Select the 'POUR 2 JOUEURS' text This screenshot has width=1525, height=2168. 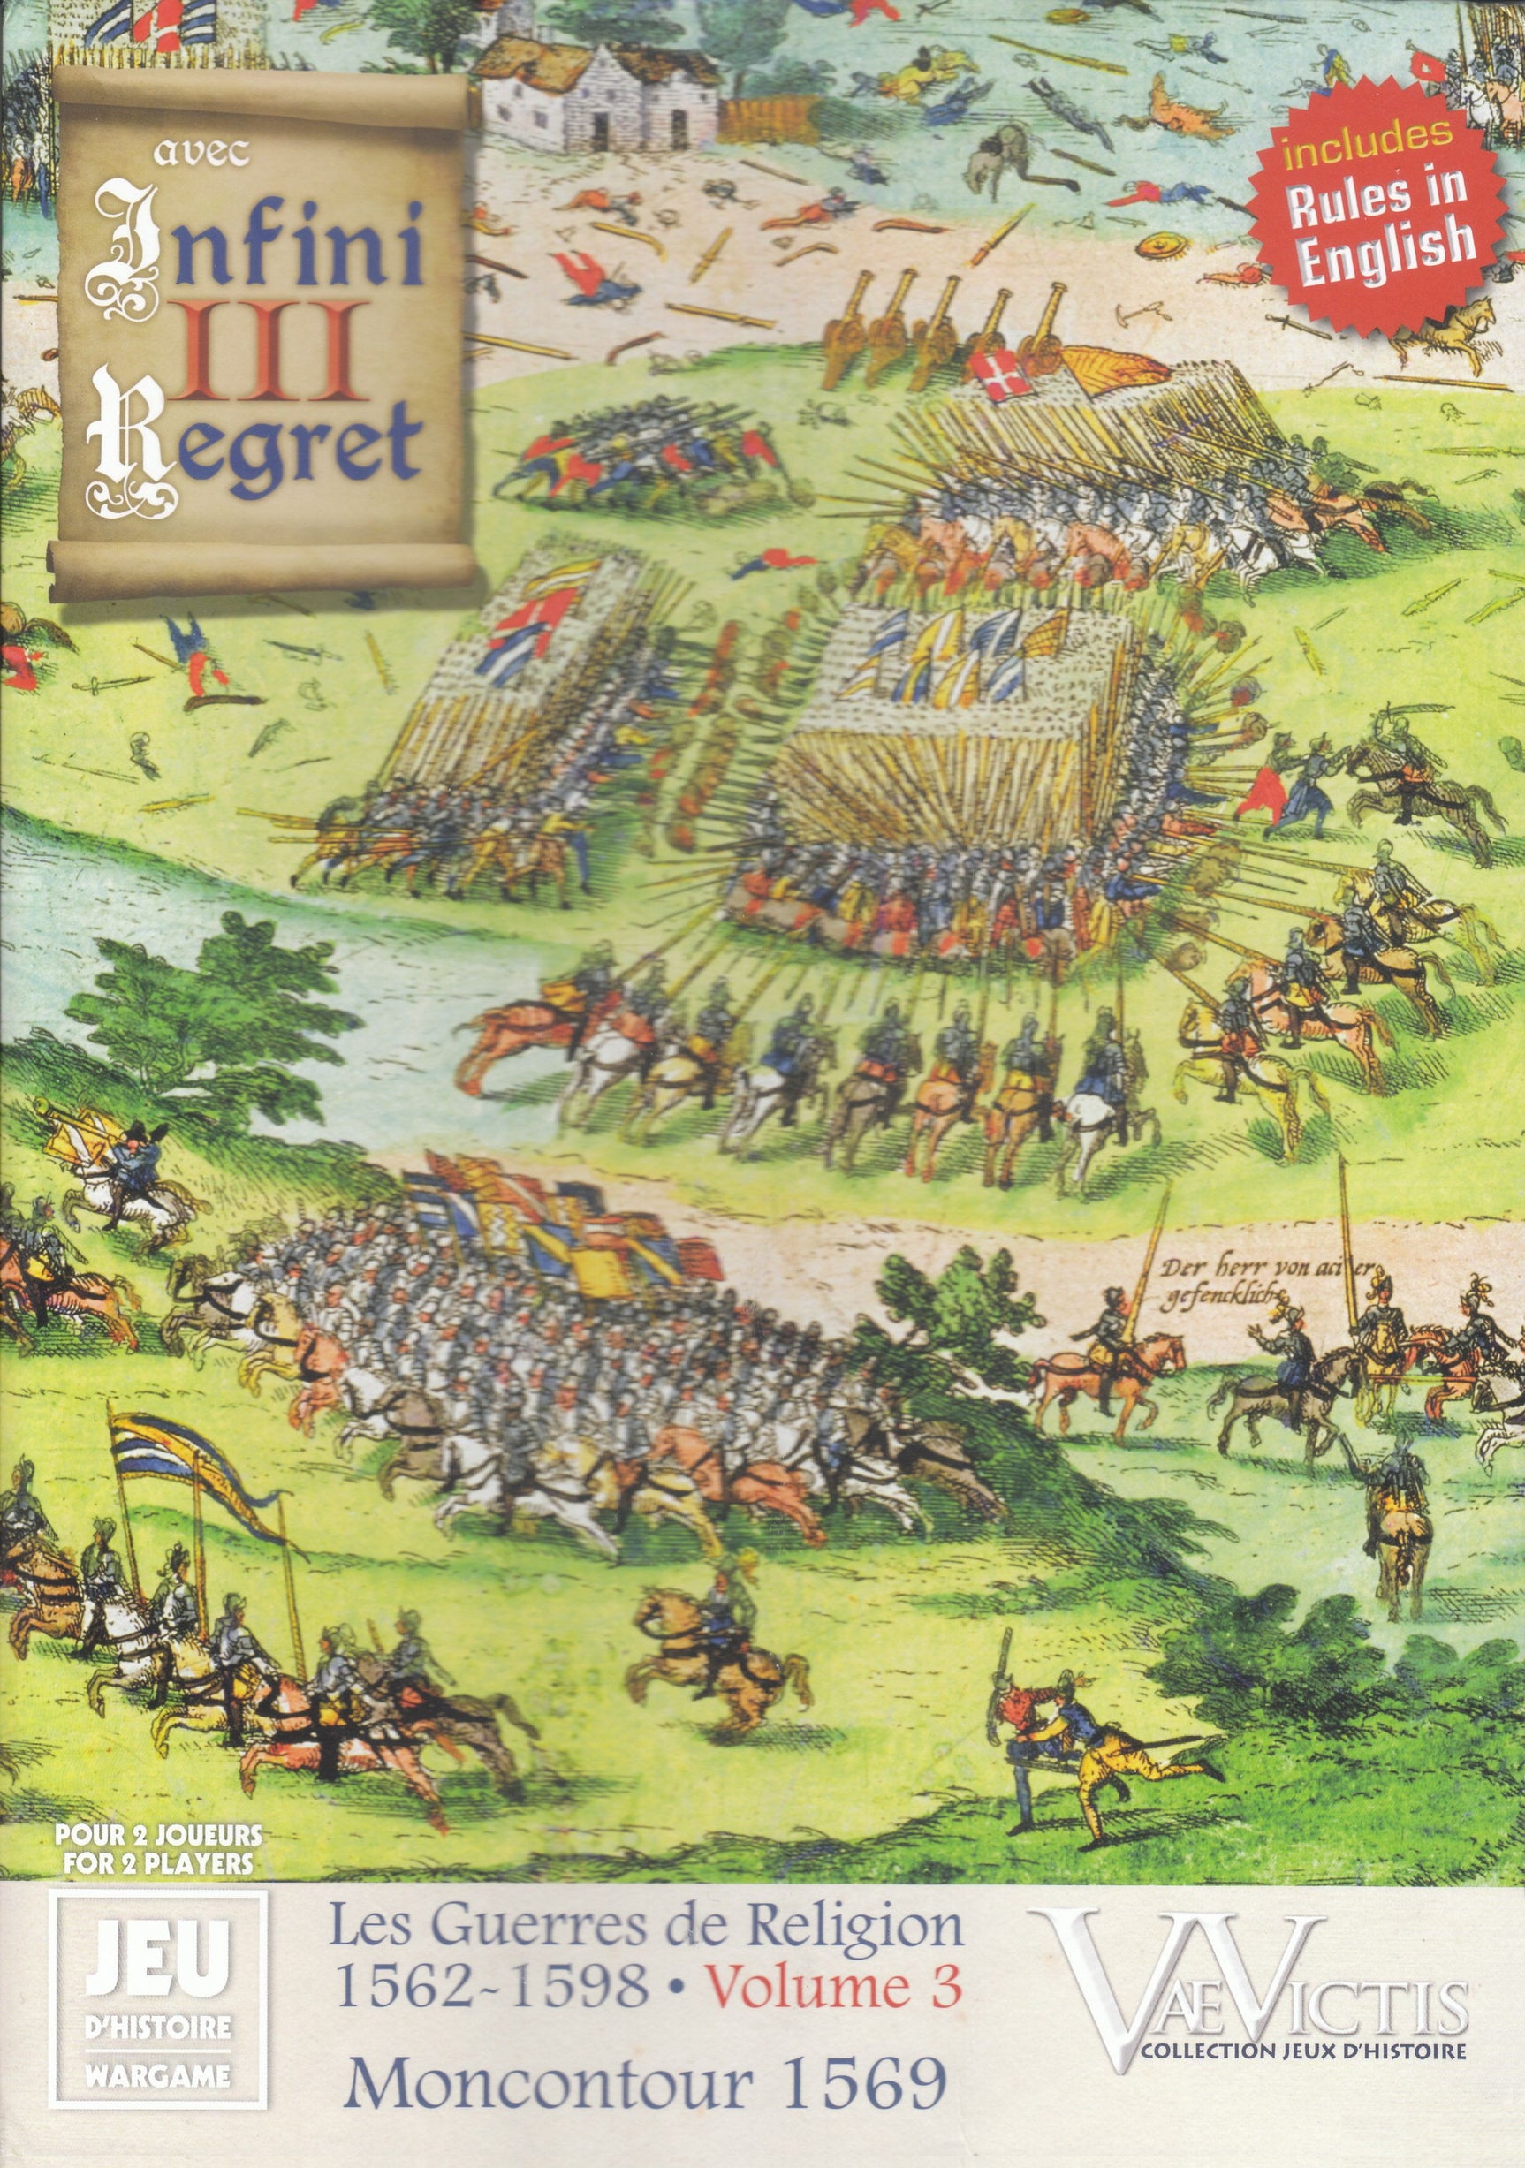pyautogui.click(x=157, y=1835)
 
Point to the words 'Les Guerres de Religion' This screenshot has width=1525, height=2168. pyautogui.click(x=646, y=1922)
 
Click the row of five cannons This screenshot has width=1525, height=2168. pyautogui.click(x=945, y=326)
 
